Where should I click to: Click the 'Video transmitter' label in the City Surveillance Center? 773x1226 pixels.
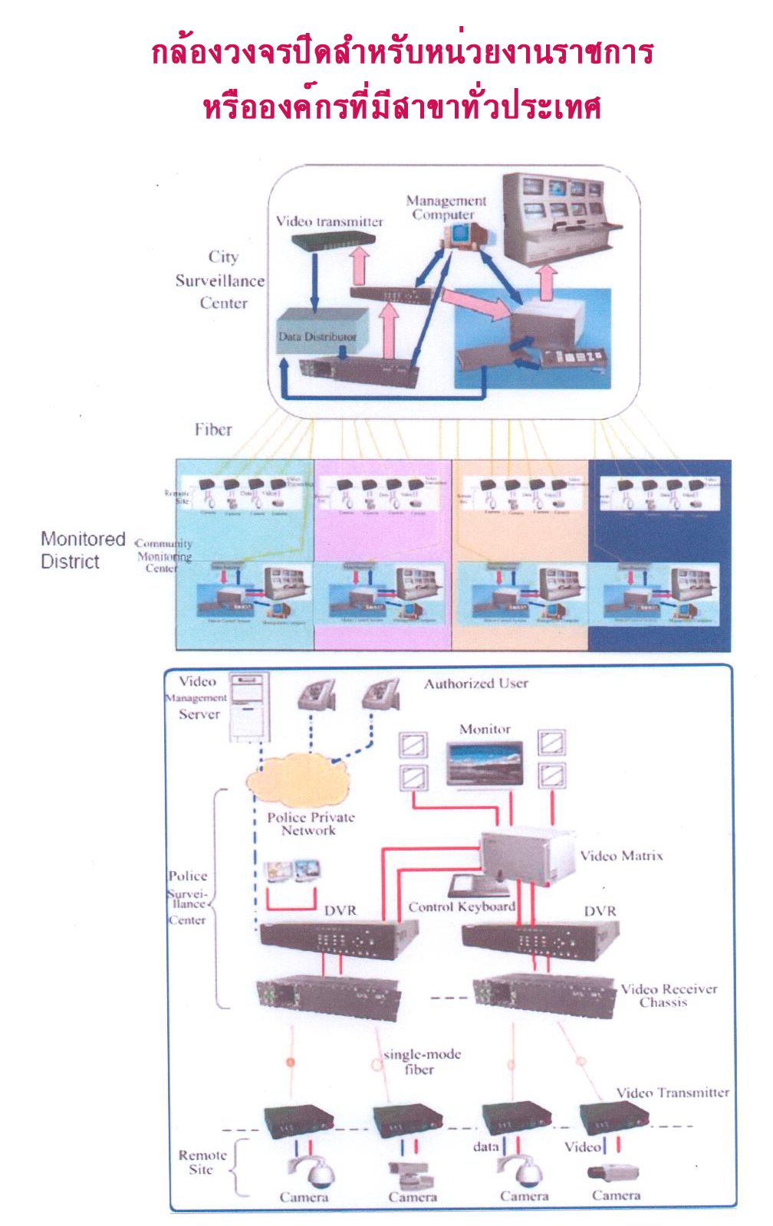click(x=329, y=221)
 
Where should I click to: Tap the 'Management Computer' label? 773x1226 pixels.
click(x=446, y=208)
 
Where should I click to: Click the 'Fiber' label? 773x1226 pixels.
click(x=212, y=430)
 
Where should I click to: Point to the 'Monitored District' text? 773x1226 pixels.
click(x=82, y=550)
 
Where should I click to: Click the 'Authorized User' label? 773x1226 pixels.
click(x=476, y=683)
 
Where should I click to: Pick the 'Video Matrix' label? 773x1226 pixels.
click(x=621, y=856)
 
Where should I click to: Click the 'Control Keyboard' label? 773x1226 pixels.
click(x=462, y=907)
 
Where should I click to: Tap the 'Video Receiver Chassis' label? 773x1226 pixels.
click(x=668, y=995)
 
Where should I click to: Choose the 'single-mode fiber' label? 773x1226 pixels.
click(x=422, y=1061)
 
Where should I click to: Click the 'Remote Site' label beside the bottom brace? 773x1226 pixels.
click(x=202, y=1162)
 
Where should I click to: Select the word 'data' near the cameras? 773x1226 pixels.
click(x=485, y=1146)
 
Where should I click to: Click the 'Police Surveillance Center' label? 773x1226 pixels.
click(x=187, y=897)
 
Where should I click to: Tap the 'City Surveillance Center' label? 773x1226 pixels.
click(x=221, y=280)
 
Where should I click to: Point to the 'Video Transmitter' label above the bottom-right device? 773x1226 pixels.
click(x=673, y=1093)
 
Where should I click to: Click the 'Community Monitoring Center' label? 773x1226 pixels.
click(x=163, y=556)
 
